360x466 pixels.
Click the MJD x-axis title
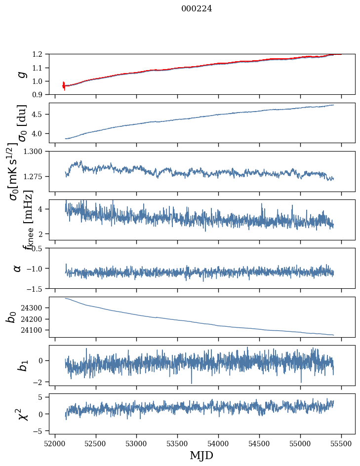coord(201,455)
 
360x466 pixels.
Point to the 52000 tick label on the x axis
coord(55,442)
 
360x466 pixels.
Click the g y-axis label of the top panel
coord(21,74)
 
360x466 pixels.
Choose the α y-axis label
coord(18,268)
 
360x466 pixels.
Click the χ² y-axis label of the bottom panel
coord(21,414)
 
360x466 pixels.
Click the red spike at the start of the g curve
coord(64,86)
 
